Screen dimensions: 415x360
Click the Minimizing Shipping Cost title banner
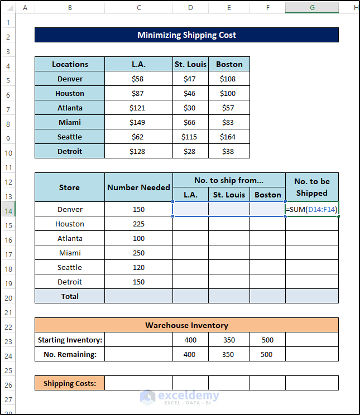[x=186, y=35]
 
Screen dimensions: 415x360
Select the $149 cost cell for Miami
[x=138, y=122]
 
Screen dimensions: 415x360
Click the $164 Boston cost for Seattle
[x=229, y=137]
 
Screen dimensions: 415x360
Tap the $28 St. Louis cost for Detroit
[x=190, y=151]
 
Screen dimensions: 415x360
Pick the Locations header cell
[x=70, y=64]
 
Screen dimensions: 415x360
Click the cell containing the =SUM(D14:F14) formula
[x=312, y=209]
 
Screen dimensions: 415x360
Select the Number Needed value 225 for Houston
[x=138, y=224]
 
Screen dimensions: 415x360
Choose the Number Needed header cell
[x=138, y=187]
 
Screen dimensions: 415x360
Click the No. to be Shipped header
[x=312, y=187]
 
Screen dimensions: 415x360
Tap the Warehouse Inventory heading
[x=186, y=325]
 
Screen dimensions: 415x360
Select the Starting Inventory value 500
[x=267, y=340]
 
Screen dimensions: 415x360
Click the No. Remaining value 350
[x=229, y=354]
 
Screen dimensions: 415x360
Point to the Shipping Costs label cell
[x=70, y=383]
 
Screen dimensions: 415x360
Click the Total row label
[x=70, y=296]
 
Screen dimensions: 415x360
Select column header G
[x=312, y=8]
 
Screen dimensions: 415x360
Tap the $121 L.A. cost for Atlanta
[x=138, y=108]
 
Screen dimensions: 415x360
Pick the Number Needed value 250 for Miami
[x=138, y=253]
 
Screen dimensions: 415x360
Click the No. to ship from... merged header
[x=229, y=180]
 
